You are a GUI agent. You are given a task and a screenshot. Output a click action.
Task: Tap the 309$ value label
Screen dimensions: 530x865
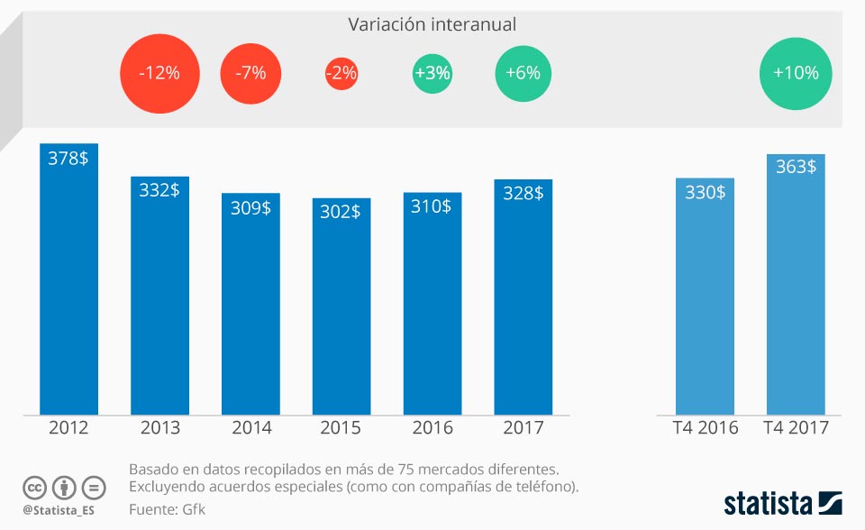(250, 208)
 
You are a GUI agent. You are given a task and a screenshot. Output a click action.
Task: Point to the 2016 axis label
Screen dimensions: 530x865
(432, 427)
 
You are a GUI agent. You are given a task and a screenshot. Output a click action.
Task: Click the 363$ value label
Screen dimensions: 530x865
(796, 167)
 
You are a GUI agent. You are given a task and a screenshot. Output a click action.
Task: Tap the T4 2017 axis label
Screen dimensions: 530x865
(796, 427)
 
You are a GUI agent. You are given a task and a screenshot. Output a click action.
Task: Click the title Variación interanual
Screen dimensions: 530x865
(432, 24)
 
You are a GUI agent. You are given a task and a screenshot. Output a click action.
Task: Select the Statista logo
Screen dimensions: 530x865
(782, 501)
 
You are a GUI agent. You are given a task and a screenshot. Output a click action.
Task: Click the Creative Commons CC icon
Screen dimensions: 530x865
(34, 488)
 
